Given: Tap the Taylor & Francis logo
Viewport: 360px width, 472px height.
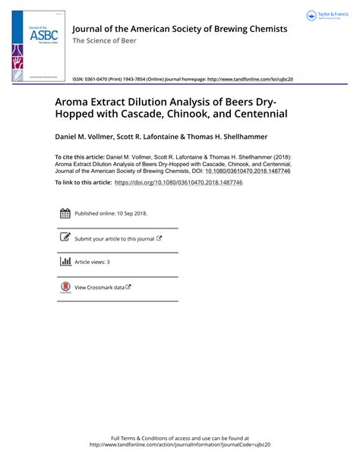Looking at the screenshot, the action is coord(327,16).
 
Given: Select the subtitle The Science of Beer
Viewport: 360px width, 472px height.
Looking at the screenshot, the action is coord(104,41).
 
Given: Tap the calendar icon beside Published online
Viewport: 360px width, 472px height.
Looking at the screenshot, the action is coord(65,214).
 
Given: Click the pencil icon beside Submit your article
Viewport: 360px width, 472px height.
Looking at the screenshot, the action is coord(65,238).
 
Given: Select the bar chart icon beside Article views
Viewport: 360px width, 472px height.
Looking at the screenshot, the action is coord(65,262).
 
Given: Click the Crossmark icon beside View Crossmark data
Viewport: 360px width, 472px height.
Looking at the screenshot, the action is coord(65,287).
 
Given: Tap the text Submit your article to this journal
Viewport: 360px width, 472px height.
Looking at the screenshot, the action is coord(114,238).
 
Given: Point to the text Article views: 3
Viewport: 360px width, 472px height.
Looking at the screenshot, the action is coord(92,262).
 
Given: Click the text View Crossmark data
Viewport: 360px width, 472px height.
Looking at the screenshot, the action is coord(99,287).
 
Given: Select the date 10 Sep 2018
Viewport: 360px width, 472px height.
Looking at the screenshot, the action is coord(130,214).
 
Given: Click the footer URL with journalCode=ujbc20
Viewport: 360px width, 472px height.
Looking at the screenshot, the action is coord(179,445).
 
